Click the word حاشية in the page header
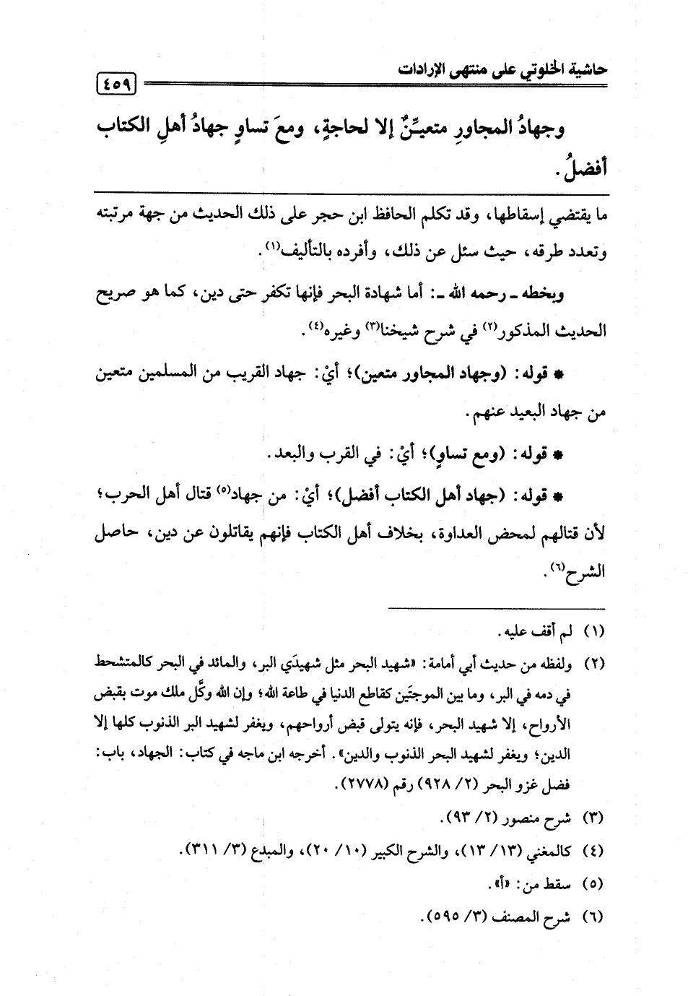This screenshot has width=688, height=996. [583, 69]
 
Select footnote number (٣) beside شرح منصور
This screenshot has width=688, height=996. [593, 819]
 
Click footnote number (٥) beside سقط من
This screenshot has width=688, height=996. [593, 884]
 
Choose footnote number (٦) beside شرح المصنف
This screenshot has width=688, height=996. [593, 917]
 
